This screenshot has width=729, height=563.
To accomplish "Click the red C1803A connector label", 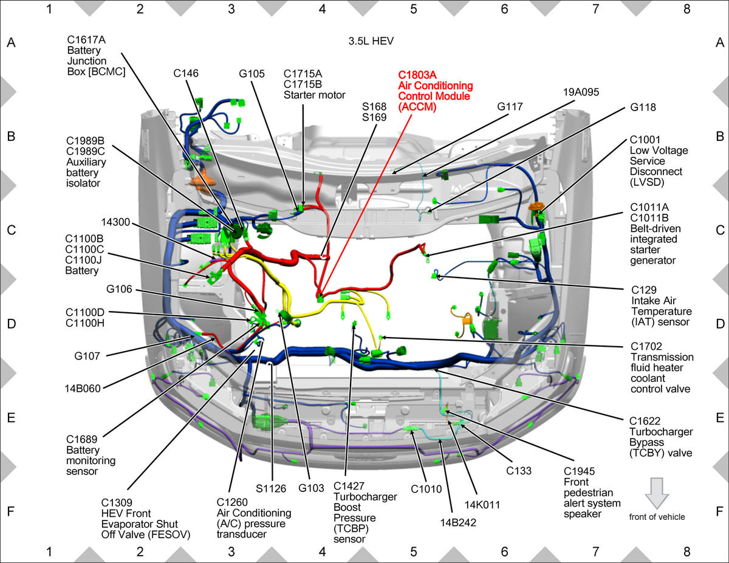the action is (x=417, y=75).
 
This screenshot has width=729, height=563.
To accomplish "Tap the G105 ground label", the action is (x=252, y=73).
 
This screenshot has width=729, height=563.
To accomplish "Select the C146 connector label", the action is (x=186, y=73).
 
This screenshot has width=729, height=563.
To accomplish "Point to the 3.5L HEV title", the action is (x=371, y=41).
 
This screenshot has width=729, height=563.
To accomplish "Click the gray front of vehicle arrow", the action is (x=657, y=493).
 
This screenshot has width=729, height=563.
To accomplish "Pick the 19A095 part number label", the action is (x=581, y=92).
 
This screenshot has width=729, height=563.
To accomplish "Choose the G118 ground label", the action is (x=643, y=107).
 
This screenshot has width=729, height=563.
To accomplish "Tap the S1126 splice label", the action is (x=271, y=488).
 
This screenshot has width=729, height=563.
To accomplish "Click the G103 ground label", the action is (x=311, y=488).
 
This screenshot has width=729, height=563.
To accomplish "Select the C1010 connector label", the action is (x=426, y=490).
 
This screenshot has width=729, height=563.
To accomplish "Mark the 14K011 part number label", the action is (x=482, y=505).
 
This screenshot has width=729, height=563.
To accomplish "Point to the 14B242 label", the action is (x=458, y=522).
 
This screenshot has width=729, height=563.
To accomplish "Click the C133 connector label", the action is (x=519, y=471).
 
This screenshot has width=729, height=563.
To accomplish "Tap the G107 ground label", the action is (x=87, y=356).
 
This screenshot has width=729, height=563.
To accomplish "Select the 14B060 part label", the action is (x=83, y=388).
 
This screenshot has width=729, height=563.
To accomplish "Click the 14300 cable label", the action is (x=115, y=222).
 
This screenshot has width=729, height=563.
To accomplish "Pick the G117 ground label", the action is (x=510, y=107).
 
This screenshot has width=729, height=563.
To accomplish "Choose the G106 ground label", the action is (x=119, y=289).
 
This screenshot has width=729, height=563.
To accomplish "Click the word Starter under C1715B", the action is (x=299, y=95).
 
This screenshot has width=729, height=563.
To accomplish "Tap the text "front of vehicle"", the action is (x=657, y=517).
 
